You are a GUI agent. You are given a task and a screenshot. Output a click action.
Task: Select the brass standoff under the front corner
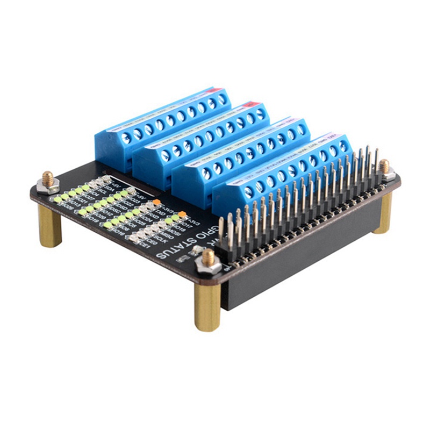pyautogui.click(x=207, y=306)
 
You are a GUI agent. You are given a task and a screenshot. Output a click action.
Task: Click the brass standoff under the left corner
pyautogui.click(x=50, y=226)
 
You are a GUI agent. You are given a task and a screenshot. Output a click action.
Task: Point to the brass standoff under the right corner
pyautogui.click(x=383, y=212)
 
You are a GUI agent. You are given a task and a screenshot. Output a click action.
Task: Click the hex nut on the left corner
pyautogui.click(x=48, y=187)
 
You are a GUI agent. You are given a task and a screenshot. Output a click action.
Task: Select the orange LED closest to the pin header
pyautogui.click(x=182, y=214)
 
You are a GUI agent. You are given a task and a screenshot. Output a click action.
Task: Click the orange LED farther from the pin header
pyautogui.click(x=156, y=202)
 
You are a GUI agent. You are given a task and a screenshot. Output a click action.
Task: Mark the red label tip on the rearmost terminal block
pyautogui.click(x=220, y=90)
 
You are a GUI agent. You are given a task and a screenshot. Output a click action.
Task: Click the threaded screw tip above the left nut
pyautogui.click(x=48, y=176)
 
